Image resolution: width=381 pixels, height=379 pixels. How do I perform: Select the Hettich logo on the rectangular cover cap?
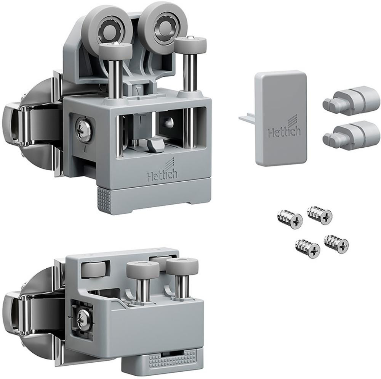(284, 129)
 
